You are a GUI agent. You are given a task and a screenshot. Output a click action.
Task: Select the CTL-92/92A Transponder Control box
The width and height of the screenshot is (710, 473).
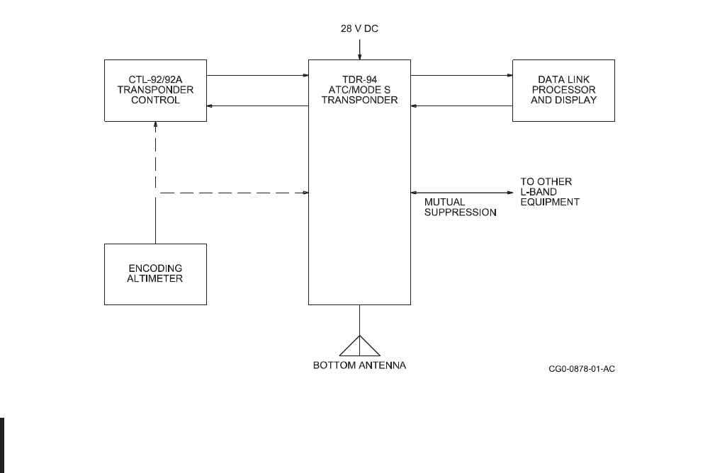pyautogui.click(x=155, y=90)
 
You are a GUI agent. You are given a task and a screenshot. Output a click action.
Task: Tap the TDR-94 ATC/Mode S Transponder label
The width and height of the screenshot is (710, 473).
pyautogui.click(x=359, y=90)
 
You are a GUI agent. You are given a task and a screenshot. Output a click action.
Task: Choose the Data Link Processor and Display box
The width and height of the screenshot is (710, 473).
pyautogui.click(x=563, y=90)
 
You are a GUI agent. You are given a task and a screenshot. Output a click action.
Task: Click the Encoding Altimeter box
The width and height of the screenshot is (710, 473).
pyautogui.click(x=155, y=274)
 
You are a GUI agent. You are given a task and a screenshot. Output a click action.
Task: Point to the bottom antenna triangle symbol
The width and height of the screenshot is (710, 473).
pyautogui.click(x=360, y=345)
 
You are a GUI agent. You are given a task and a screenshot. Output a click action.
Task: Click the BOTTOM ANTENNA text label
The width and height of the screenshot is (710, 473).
pyautogui.click(x=360, y=366)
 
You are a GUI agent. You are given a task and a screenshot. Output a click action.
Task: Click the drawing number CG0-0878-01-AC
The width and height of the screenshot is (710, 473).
pyautogui.click(x=581, y=369)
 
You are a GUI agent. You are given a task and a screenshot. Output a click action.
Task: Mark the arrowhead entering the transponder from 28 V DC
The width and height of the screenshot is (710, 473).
pyautogui.click(x=360, y=56)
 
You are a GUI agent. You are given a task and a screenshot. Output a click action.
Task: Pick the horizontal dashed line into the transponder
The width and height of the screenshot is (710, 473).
pyautogui.click(x=234, y=192)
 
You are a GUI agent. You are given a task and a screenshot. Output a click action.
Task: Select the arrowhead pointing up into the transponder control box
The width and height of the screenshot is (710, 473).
pyautogui.click(x=155, y=125)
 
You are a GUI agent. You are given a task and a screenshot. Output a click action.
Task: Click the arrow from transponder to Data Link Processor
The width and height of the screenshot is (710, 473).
pyautogui.click(x=461, y=74)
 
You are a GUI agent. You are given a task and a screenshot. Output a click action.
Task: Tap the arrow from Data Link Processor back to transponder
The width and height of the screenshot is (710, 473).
pyautogui.click(x=461, y=106)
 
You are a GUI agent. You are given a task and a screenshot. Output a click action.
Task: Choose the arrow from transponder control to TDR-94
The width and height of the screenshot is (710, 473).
pyautogui.click(x=257, y=74)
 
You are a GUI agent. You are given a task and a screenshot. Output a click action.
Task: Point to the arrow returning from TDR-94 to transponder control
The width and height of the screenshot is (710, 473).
pyautogui.click(x=257, y=106)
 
